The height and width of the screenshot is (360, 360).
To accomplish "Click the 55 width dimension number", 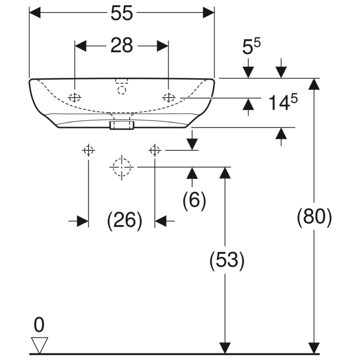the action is point(122,13).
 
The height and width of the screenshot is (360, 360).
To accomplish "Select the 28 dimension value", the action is point(122,45).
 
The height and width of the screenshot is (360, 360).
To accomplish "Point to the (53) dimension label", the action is point(227,260).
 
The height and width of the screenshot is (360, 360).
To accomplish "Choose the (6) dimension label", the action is point(194,200).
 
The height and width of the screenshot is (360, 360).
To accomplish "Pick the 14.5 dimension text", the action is point(283,102).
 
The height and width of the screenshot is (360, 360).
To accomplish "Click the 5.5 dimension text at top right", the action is point(252,47).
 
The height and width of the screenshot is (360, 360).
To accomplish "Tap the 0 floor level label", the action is point(39,325).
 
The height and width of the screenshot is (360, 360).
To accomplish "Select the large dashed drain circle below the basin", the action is point(121,167).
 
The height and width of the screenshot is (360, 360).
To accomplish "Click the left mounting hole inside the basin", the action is point(75,98).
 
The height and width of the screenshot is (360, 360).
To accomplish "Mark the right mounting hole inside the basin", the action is point(169,98).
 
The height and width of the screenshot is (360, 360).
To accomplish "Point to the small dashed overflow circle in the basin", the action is point(122,90).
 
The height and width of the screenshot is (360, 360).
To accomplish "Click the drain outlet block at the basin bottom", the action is point(122,126).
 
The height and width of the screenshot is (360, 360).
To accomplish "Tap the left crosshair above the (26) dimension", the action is point(89,151).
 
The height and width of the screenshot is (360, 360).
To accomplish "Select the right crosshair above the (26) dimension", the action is point(155,151).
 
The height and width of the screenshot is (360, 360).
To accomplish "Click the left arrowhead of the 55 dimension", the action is point(35,13).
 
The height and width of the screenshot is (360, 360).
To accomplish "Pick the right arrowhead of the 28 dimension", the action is point(162,46).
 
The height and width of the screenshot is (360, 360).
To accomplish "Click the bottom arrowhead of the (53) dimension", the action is point(225,348).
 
